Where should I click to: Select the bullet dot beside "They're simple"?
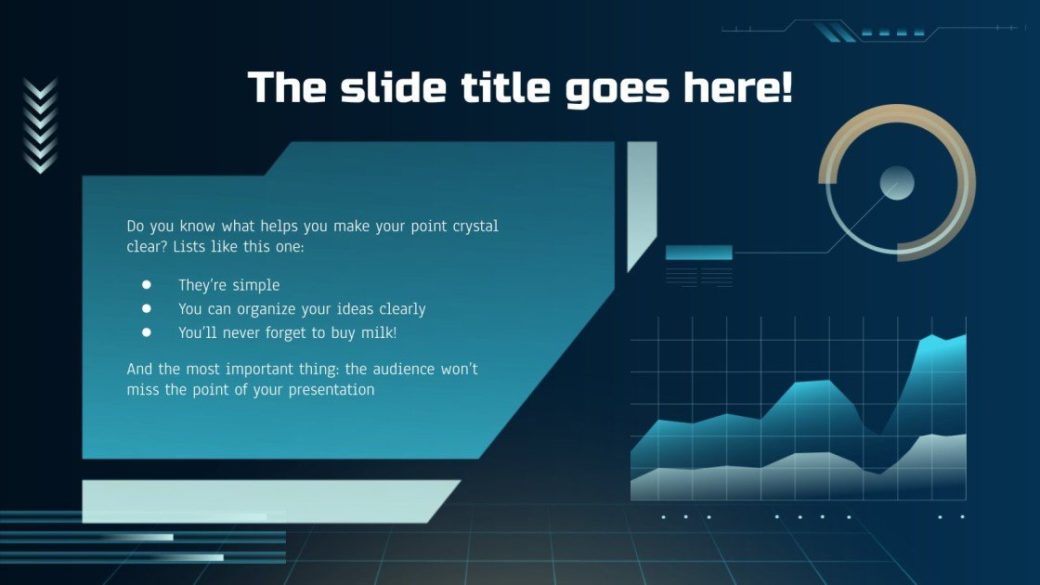click(x=147, y=285)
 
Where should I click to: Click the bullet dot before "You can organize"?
click(x=147, y=308)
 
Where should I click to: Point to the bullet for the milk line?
click(x=147, y=331)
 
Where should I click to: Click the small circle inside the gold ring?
click(x=897, y=183)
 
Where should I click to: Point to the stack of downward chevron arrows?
click(x=40, y=125)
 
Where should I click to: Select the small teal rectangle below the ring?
click(x=699, y=252)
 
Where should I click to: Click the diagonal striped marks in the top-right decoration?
click(x=835, y=32)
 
